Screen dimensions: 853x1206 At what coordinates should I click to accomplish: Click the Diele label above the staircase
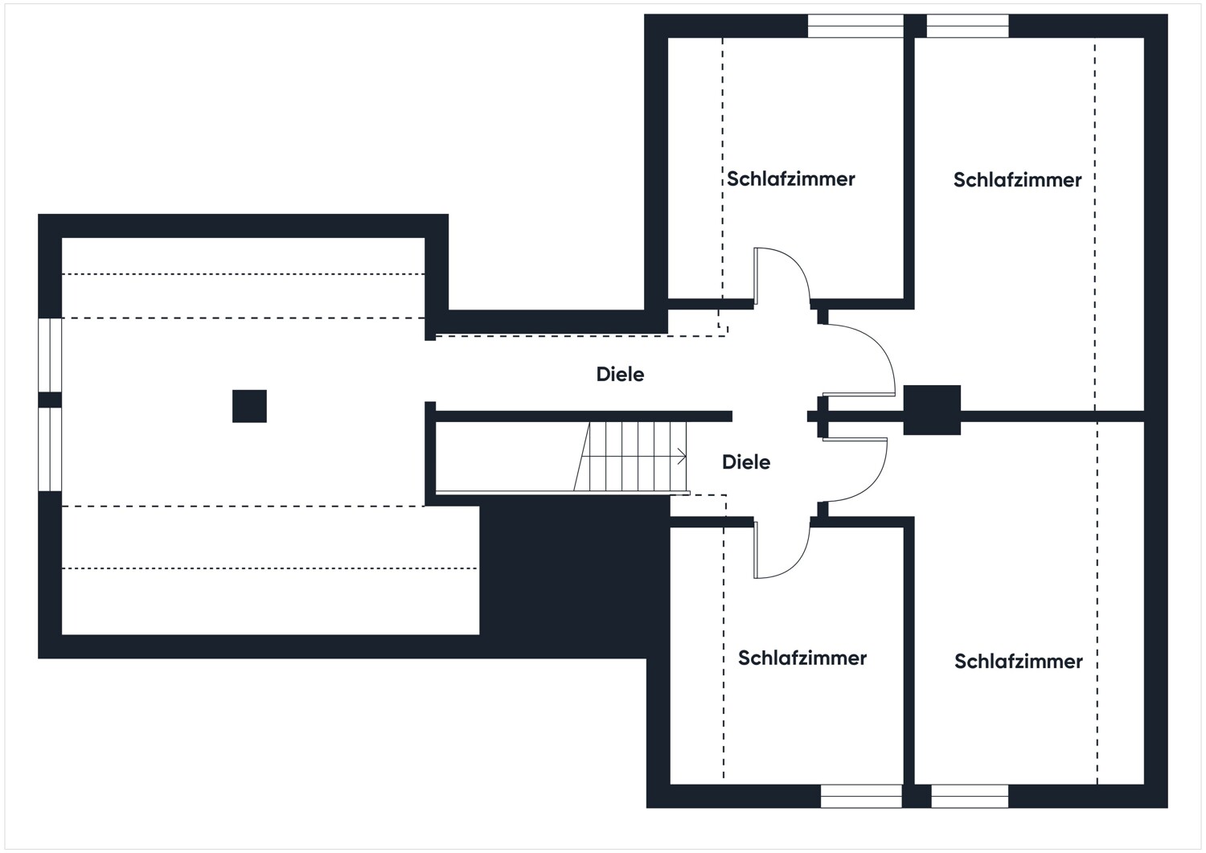click(620, 374)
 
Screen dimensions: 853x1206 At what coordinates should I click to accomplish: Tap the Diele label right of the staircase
click(746, 462)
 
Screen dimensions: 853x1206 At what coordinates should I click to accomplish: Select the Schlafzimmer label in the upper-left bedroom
click(791, 178)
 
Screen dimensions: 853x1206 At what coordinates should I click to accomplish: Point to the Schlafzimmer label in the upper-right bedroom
click(1017, 180)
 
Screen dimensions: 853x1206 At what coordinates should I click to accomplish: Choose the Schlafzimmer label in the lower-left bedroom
click(802, 658)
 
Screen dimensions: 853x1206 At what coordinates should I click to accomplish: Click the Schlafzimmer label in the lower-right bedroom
click(1018, 661)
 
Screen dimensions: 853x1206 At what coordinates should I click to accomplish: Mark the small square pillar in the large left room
click(249, 406)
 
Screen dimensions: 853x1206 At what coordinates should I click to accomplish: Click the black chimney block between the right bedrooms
click(932, 410)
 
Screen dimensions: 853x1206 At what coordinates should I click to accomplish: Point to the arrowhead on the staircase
click(683, 457)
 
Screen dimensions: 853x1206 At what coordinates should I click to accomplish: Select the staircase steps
click(631, 457)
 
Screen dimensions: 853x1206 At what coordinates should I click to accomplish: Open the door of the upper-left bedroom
click(780, 277)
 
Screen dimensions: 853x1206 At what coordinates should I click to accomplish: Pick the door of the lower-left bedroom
click(780, 551)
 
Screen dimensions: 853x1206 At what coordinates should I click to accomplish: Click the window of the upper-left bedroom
click(855, 27)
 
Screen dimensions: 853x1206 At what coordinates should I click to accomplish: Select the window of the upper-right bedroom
click(967, 27)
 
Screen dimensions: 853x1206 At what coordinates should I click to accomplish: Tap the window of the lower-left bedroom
click(861, 796)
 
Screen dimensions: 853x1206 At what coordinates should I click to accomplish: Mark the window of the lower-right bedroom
click(970, 796)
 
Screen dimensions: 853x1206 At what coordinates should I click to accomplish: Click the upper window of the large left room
click(50, 355)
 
